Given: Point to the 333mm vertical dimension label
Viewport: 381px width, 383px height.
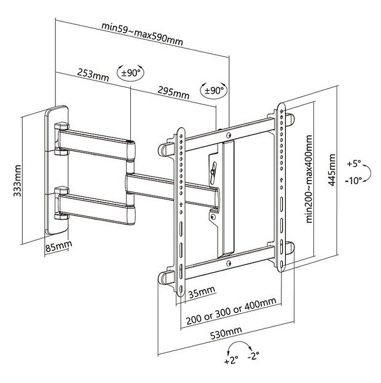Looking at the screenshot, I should (18, 178).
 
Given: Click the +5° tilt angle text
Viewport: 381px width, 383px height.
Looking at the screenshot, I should (355, 164).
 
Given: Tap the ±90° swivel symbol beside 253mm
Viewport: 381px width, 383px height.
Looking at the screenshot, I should (130, 72).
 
